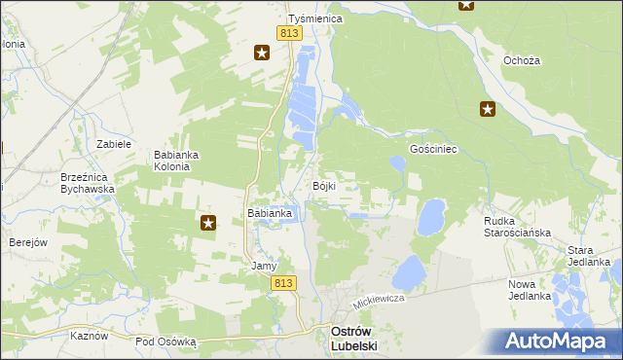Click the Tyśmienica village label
(x=311, y=18)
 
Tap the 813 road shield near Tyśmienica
(x=288, y=34)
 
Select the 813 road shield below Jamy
(x=282, y=282)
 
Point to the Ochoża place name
(x=521, y=60)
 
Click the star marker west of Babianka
(x=208, y=224)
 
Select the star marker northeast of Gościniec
(x=488, y=110)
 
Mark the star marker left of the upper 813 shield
(x=261, y=53)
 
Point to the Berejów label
(x=28, y=242)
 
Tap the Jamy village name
(x=265, y=266)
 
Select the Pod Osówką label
(x=165, y=342)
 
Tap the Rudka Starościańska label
(x=517, y=227)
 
